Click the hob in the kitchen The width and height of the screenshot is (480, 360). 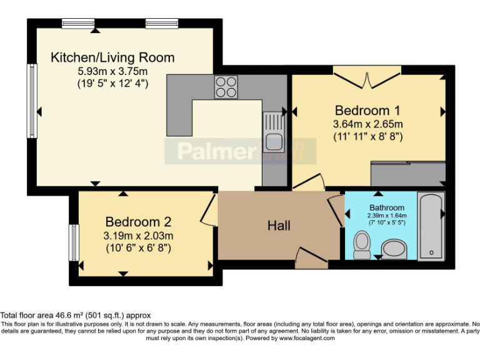coord(226,87)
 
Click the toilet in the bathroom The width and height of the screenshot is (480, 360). coord(362,245)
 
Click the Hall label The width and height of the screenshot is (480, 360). coord(279,226)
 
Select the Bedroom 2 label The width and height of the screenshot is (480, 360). coord(138,222)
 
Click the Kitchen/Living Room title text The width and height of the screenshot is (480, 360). coord(112,58)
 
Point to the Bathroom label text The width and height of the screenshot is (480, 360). coord(386,207)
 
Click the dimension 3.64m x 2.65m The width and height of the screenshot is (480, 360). coord(367,124)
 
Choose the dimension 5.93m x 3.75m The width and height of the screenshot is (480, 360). coord(112,71)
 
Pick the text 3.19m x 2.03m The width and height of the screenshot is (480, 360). coord(138,236)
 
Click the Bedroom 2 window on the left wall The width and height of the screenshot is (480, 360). coord(74,242)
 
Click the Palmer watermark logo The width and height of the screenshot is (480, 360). coord(241,151)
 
